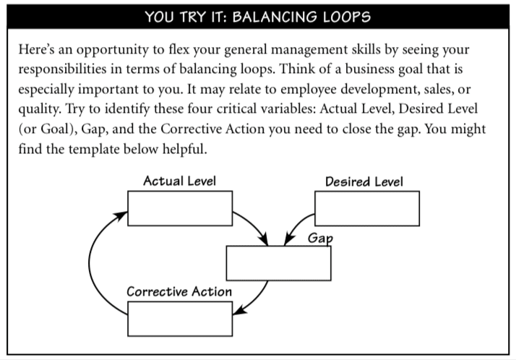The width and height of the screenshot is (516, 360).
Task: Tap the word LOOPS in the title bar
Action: pyautogui.click(x=347, y=17)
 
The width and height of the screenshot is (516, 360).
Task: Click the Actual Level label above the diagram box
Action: pyautogui.click(x=180, y=181)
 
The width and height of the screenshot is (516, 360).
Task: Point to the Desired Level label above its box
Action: pyautogui.click(x=364, y=181)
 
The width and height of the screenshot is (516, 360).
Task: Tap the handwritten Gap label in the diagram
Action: pyautogui.click(x=320, y=239)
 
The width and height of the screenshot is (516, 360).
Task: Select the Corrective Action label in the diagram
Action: pyautogui.click(x=179, y=291)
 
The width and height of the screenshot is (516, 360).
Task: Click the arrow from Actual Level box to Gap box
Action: pyautogui.click(x=255, y=224)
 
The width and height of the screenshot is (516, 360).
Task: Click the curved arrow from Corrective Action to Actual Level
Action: pyautogui.click(x=90, y=263)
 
